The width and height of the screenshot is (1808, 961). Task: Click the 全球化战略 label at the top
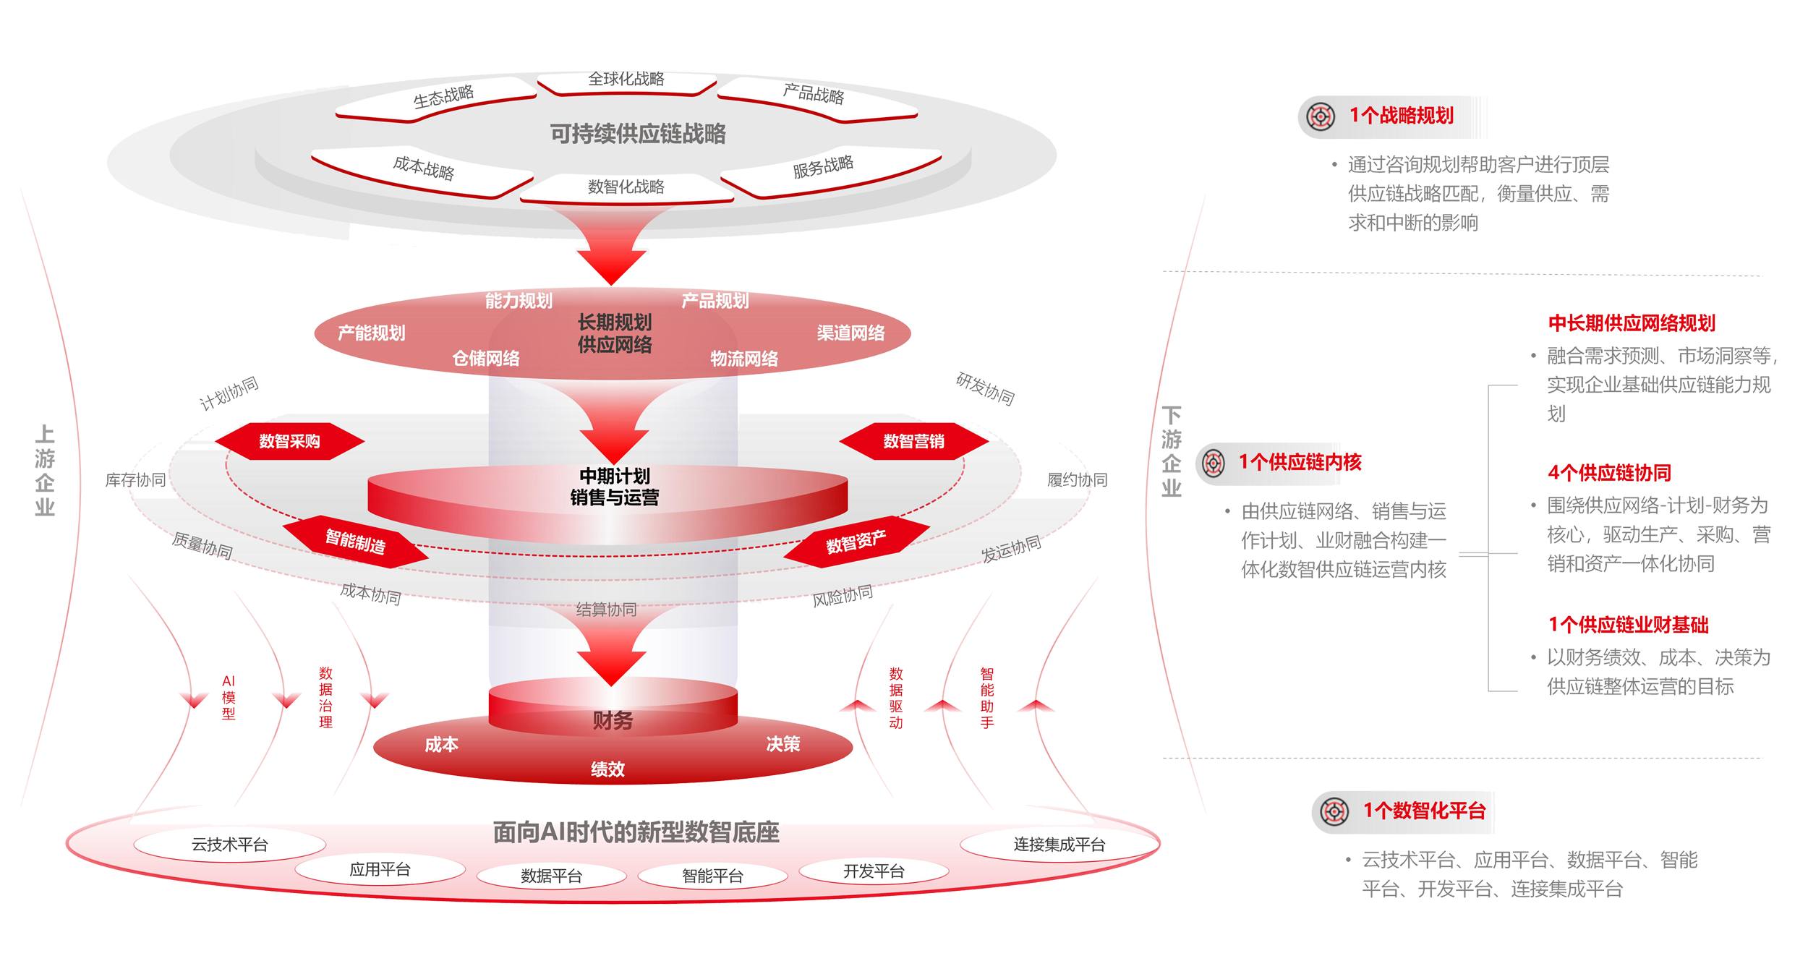pyautogui.click(x=626, y=79)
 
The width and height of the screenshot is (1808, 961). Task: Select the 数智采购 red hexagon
pyautogui.click(x=289, y=441)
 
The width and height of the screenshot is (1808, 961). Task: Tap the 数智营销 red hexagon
pyautogui.click(x=913, y=441)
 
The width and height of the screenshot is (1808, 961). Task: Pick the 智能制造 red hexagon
pyautogui.click(x=355, y=542)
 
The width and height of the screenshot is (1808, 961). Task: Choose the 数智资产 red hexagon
pyautogui.click(x=856, y=542)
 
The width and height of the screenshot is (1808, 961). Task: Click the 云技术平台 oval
pyautogui.click(x=230, y=845)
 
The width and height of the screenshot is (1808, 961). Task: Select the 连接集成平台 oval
pyautogui.click(x=1059, y=845)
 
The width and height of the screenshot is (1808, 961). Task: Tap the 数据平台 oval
pyautogui.click(x=551, y=876)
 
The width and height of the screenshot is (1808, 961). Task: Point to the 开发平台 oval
pyautogui.click(x=874, y=871)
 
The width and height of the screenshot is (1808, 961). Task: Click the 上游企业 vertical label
pyautogui.click(x=45, y=470)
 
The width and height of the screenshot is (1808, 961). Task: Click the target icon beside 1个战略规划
pyautogui.click(x=1321, y=116)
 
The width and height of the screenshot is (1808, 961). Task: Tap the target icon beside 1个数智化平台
pyautogui.click(x=1334, y=811)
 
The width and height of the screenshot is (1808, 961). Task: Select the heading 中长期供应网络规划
pyautogui.click(x=1632, y=323)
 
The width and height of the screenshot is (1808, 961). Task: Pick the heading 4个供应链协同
pyautogui.click(x=1609, y=473)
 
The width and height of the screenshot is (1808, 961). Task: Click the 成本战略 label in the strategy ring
pyautogui.click(x=424, y=168)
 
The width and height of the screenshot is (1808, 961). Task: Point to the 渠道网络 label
pyautogui.click(x=850, y=333)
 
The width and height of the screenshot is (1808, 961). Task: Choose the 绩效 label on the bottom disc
pyautogui.click(x=607, y=769)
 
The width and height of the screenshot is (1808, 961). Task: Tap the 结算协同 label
pyautogui.click(x=606, y=610)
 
